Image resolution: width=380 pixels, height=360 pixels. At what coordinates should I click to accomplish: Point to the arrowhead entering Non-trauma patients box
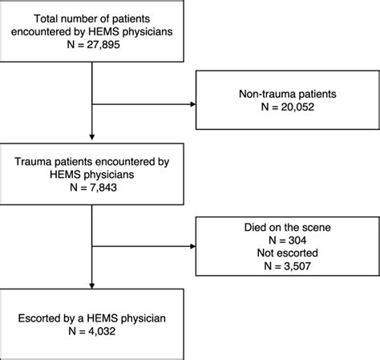click(x=192, y=103)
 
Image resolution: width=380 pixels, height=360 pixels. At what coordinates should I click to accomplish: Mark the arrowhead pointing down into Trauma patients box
click(x=94, y=135)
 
